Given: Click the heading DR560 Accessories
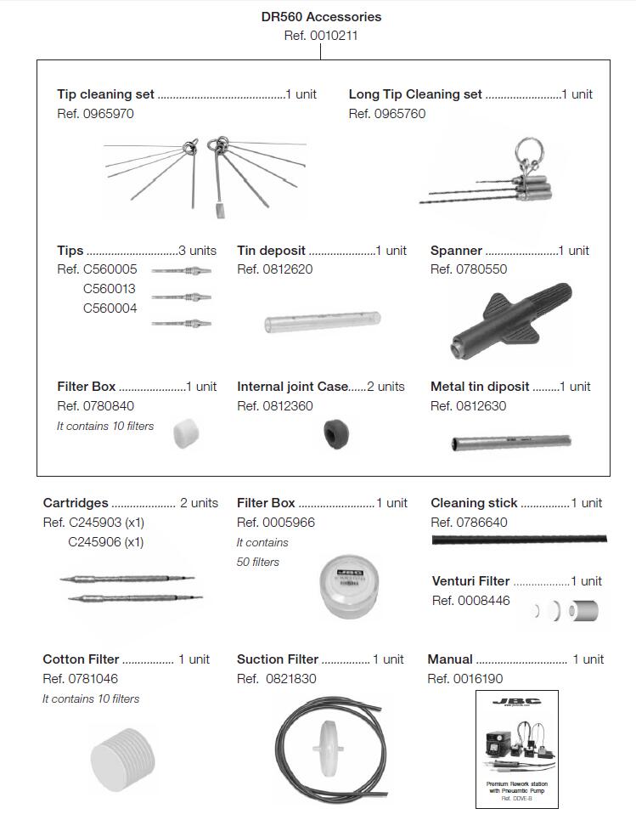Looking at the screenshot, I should tap(321, 16).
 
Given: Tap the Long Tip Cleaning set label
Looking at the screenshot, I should tap(415, 94).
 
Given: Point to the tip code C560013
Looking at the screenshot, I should tap(110, 289).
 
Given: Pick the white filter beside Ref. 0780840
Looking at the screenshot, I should tap(184, 433).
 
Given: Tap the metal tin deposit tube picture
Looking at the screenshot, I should tap(509, 443).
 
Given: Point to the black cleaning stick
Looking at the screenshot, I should tap(519, 540).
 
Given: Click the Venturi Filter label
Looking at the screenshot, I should tap(470, 581).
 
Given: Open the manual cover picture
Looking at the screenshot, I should tap(516, 749).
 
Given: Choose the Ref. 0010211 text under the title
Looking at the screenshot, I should tap(320, 36).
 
